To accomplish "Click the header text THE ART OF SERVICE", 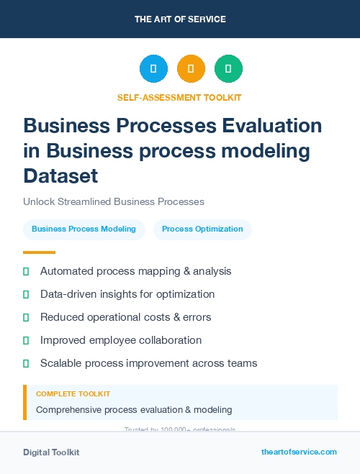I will tap(180, 19).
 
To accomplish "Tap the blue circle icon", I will tap(153, 69).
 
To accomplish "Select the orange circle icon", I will tap(191, 69).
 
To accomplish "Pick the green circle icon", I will tap(228, 69).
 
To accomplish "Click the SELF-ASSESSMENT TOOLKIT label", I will tap(179, 97).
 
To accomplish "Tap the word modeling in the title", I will tap(266, 151).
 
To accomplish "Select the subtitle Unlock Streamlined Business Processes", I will tap(114, 201).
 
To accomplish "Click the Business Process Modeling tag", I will tap(84, 229).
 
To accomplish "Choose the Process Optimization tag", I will tap(202, 229).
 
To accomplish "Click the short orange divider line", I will tap(39, 252).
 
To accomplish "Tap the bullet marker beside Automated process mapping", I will tap(26, 271).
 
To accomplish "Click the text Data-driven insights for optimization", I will tap(127, 294).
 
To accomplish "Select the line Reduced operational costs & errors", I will tap(125, 317).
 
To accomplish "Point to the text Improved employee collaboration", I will tap(121, 340).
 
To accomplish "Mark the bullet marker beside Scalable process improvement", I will tap(26, 363).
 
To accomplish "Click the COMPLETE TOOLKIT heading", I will tap(73, 394).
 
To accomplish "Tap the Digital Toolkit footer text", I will tap(51, 452).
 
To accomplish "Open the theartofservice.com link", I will tap(299, 452).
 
